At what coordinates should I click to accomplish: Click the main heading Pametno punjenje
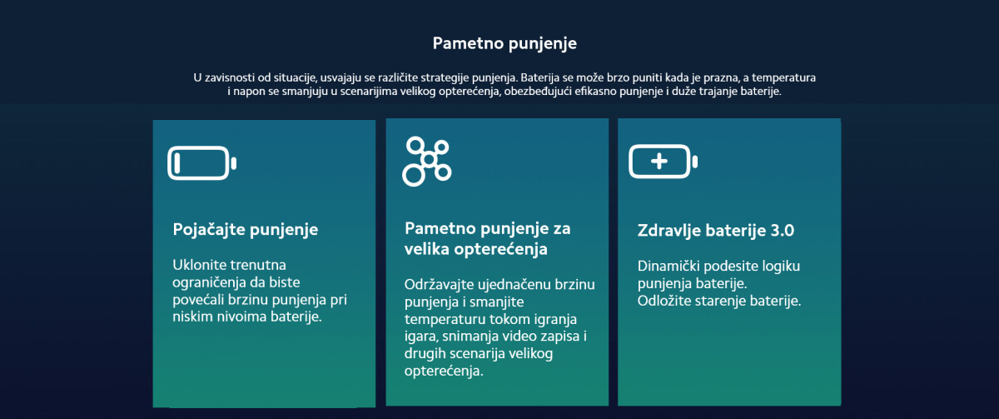[504, 42]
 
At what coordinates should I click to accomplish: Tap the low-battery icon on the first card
[201, 162]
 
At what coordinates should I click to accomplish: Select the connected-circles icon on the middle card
[427, 160]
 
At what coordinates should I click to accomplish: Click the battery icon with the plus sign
[663, 161]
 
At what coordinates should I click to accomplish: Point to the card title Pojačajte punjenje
[246, 229]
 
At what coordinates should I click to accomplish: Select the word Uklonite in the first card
[198, 265]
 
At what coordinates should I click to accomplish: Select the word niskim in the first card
[191, 317]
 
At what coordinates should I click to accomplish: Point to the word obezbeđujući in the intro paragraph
[544, 92]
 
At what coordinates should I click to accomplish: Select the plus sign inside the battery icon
[659, 161]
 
